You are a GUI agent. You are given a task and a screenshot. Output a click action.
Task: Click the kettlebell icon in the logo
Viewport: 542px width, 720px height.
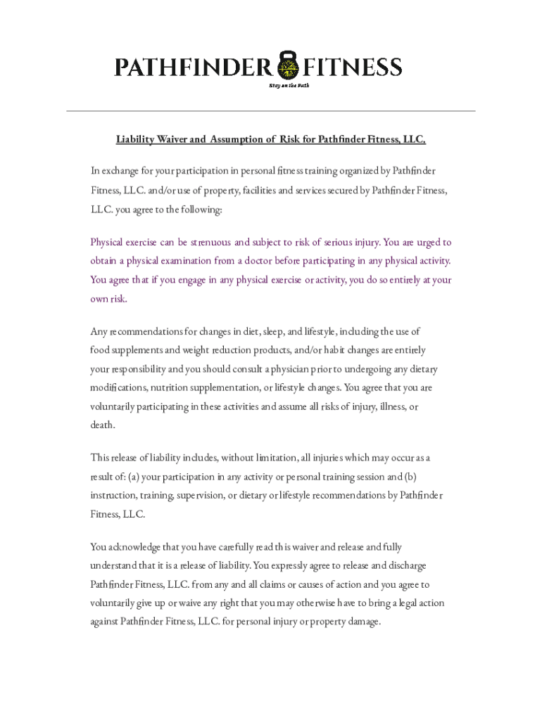[287, 65]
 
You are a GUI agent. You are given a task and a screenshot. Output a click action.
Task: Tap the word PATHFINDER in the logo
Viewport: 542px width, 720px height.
[194, 67]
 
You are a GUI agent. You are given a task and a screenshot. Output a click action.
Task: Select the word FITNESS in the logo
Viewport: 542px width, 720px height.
[353, 67]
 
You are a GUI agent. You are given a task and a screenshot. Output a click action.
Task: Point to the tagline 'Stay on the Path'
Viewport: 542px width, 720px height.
[289, 85]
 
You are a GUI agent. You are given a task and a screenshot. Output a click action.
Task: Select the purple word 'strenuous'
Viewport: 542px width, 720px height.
[210, 243]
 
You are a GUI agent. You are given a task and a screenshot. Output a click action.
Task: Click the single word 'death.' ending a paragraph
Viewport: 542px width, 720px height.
[103, 425]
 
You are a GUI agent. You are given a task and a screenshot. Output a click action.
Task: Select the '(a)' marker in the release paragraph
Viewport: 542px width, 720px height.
[134, 477]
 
